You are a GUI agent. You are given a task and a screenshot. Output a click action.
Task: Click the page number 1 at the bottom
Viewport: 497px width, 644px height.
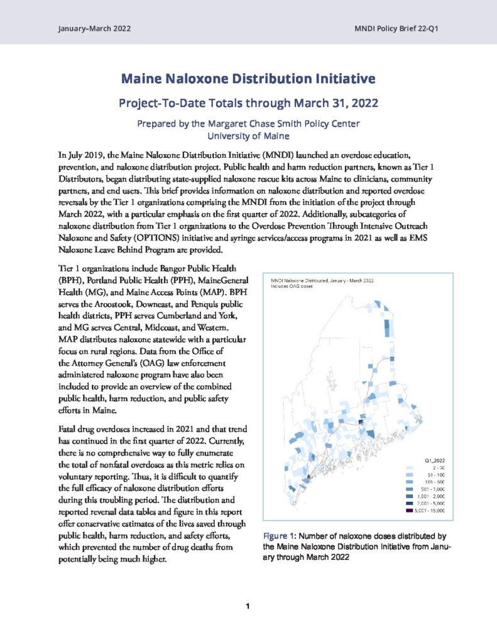[248, 606]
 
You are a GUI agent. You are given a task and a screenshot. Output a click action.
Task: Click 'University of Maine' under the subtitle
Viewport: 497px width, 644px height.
[248, 134]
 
